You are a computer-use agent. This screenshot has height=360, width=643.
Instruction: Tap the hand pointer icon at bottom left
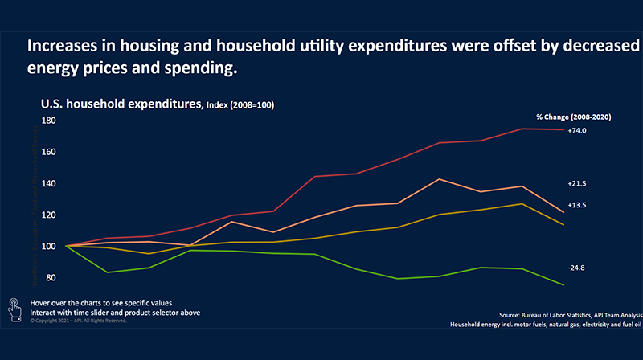click(14, 306)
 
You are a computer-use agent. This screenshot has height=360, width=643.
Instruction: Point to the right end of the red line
click(563, 129)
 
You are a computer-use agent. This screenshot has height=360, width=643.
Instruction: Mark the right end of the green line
click(563, 285)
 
